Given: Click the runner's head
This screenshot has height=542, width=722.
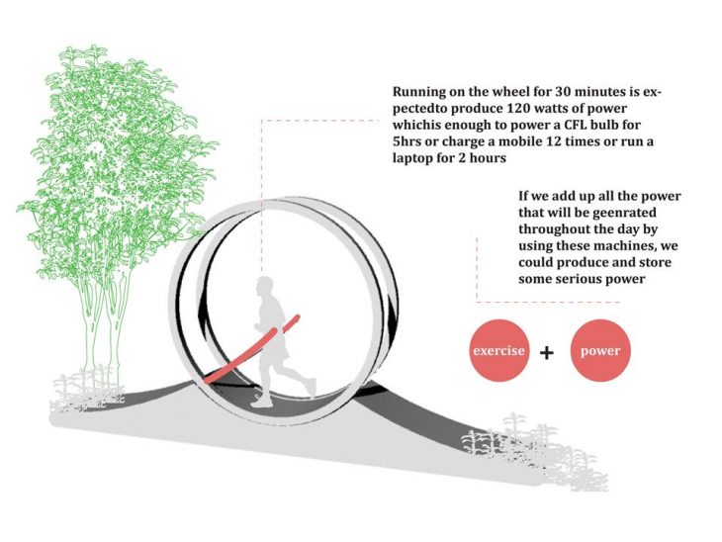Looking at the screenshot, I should click(x=264, y=288).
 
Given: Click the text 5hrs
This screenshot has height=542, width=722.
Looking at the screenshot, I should click(x=408, y=141).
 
